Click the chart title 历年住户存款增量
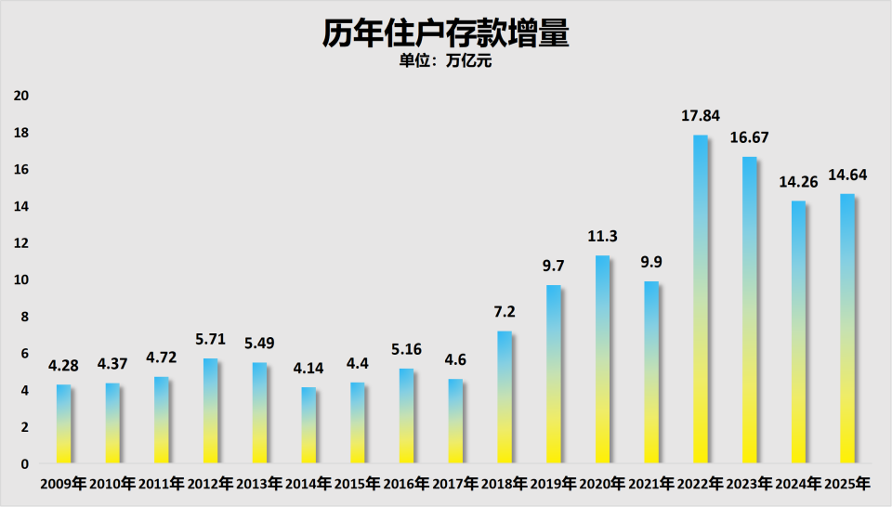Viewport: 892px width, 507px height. click(445, 33)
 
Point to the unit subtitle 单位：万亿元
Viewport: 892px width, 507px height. click(445, 63)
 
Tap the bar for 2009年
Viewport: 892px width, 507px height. click(63, 423)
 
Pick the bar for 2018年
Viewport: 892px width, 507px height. click(505, 396)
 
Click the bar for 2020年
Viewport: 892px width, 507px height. click(602, 359)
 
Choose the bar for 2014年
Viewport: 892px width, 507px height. click(308, 425)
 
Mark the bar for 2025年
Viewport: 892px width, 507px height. click(847, 329)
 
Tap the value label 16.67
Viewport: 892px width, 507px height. click(750, 138)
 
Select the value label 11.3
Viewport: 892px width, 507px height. click(602, 237)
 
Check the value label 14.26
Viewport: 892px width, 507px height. click(798, 182)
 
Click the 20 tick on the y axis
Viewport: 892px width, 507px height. click(21, 96)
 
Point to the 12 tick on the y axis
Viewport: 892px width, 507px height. click(21, 243)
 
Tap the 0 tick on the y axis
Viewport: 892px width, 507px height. click(25, 463)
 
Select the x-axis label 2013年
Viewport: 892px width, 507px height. click(259, 484)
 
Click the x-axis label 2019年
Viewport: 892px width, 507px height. click(554, 484)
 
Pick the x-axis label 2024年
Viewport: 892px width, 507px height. click(798, 484)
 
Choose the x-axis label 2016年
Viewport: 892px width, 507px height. click(407, 484)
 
